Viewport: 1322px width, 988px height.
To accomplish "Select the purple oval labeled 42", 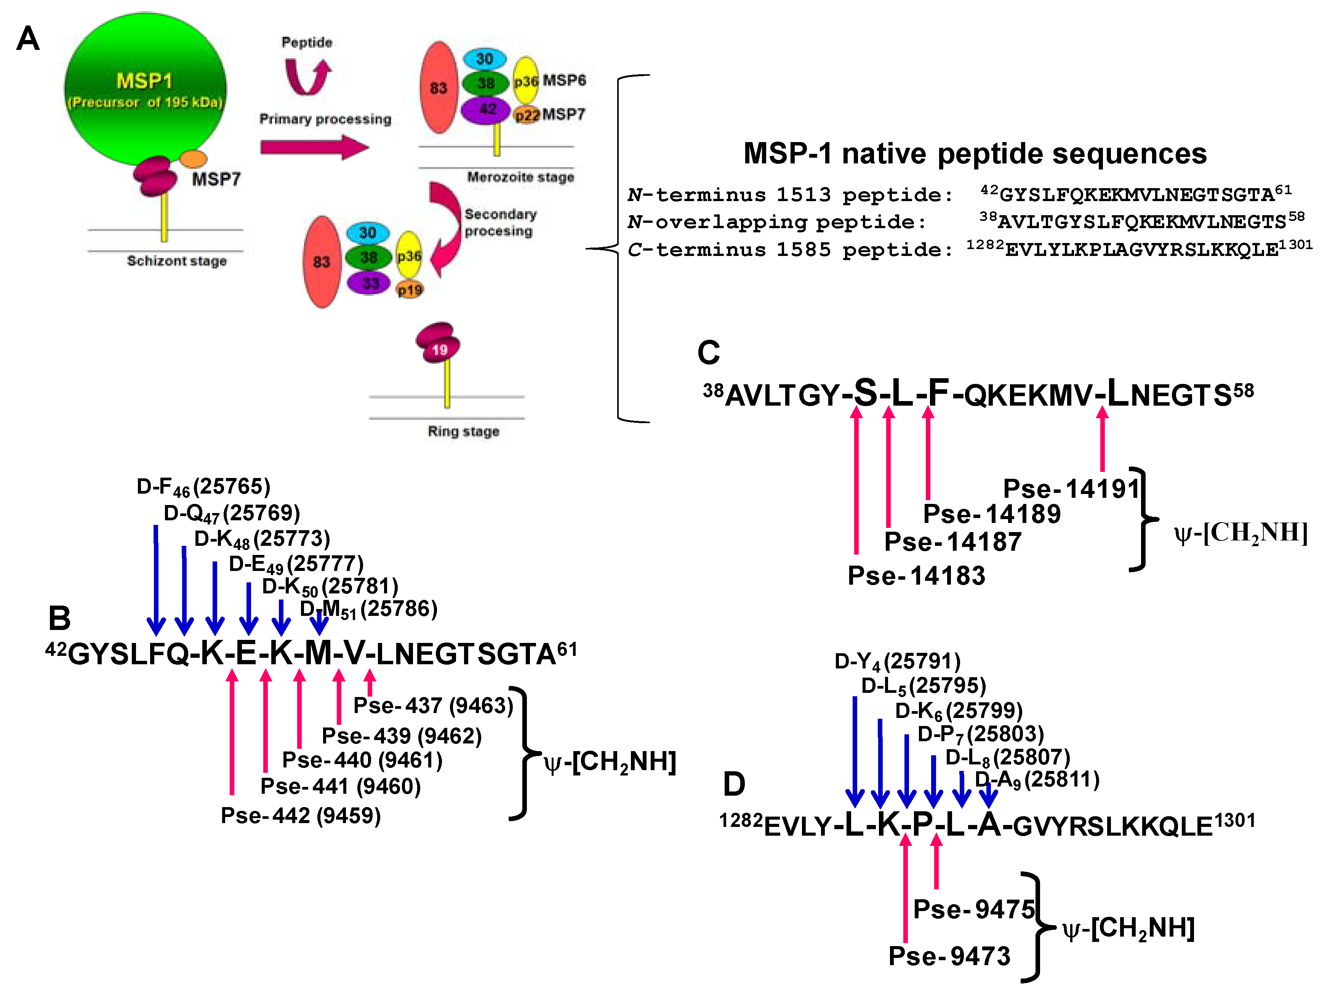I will (x=486, y=110).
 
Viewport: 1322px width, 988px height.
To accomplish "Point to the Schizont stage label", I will (x=176, y=261).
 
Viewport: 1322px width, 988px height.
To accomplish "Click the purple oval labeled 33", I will (x=369, y=283).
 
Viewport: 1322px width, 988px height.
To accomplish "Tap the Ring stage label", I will (x=463, y=431).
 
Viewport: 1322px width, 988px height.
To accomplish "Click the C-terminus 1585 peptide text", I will (x=789, y=250).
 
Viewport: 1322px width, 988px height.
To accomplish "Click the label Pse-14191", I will (x=1071, y=489).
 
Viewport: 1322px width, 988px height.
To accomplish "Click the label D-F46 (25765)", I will (x=203, y=487).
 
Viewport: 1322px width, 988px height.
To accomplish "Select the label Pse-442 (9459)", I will (x=301, y=815).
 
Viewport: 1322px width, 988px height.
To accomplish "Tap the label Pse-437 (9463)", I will (x=433, y=705).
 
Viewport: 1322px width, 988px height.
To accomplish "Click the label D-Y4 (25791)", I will (x=897, y=661).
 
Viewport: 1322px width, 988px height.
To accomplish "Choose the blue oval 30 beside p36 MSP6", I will (x=484, y=59).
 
